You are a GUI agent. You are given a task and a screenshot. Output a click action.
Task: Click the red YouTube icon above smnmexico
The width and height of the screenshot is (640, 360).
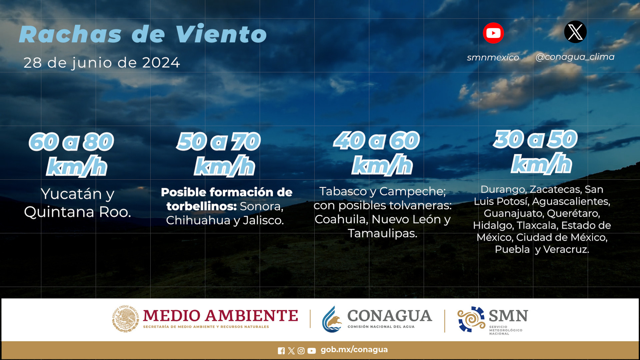pos(493,33)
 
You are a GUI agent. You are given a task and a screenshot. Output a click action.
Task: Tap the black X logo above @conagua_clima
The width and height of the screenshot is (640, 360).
pos(575,32)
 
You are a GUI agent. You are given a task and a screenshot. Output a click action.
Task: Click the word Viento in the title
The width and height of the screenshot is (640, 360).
pos(221,34)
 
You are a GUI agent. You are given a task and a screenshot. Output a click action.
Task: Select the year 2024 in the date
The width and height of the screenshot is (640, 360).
pos(161,63)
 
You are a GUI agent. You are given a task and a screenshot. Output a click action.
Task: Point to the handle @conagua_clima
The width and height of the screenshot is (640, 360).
pos(575,57)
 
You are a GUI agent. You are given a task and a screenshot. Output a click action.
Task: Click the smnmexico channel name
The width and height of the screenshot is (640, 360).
pos(493,57)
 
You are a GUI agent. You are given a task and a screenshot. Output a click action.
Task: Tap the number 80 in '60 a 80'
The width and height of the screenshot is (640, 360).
pos(98,142)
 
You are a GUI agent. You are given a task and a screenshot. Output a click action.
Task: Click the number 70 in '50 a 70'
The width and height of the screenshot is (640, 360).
pos(246,141)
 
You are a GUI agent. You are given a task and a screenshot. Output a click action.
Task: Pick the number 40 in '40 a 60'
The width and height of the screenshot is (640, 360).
pos(349,140)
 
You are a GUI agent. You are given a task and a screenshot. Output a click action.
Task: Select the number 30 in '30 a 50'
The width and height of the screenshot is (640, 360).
pos(509,139)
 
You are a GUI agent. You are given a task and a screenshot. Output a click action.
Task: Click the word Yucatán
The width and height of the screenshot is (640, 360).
pos(71,194)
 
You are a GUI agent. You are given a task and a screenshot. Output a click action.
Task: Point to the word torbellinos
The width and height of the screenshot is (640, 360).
pos(202,206)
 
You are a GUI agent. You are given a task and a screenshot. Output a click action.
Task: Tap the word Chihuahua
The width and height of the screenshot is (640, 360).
pos(198,220)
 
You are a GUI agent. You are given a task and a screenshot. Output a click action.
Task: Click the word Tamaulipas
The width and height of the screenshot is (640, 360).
pos(382,233)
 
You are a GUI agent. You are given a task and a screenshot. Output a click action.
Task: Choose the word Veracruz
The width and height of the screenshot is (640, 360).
pos(566,249)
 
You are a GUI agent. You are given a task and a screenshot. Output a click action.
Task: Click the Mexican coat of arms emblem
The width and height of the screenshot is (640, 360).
pos(125,319)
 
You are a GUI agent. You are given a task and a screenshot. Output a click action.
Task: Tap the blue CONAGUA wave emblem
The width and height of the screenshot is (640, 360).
pos(332,319)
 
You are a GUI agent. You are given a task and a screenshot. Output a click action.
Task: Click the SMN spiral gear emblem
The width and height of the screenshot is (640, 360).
pos(471,319)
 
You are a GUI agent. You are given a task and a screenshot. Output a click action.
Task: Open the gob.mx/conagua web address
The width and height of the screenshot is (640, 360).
pos(354,350)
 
